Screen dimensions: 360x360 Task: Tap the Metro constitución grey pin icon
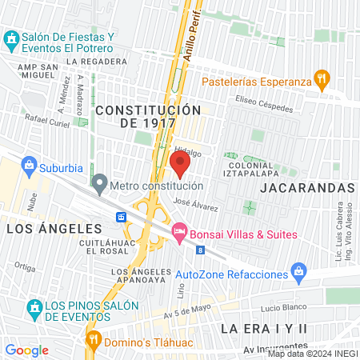tap(99, 186)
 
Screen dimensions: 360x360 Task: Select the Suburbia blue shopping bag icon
tap(30, 167)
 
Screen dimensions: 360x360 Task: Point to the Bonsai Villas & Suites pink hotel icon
tap(179, 233)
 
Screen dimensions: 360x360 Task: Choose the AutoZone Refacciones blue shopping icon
tap(299, 274)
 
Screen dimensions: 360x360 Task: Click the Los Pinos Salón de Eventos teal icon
tap(34, 307)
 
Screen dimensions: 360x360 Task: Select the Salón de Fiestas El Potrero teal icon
tap(12, 38)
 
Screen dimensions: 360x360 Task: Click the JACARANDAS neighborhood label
tap(307, 187)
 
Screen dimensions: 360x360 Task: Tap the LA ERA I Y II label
tap(264, 329)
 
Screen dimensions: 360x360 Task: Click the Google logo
tap(26, 350)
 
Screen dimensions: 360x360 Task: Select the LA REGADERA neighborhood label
tap(98, 61)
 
